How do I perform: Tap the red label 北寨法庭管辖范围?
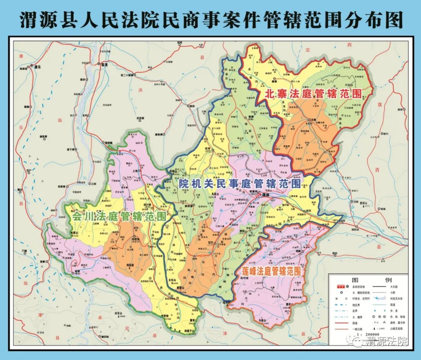click(313, 94)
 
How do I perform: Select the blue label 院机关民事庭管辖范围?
click(239, 184)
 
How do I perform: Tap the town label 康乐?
click(38, 67)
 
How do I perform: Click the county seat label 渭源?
click(266, 194)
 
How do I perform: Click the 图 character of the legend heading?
click(355, 280)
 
